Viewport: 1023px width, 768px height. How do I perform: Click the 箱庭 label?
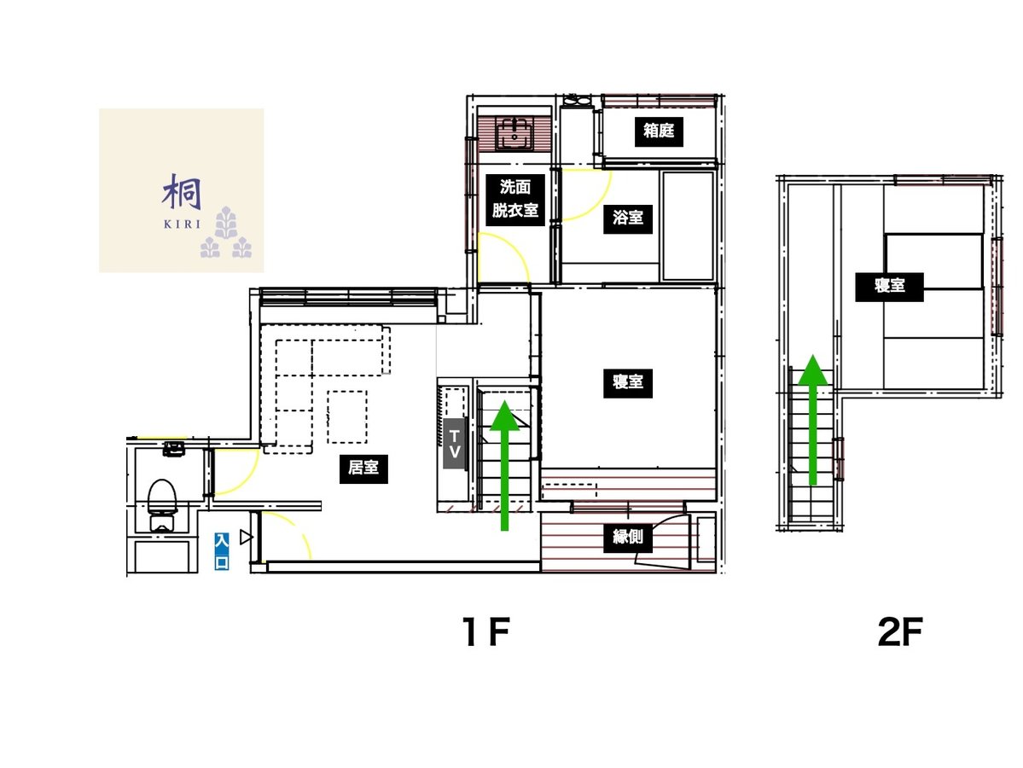(x=659, y=131)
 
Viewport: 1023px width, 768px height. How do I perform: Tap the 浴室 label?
(x=628, y=217)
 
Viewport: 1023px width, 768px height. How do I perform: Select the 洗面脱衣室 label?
(x=514, y=199)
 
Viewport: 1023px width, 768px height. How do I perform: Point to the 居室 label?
(x=363, y=468)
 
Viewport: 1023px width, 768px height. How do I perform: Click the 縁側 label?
(x=628, y=537)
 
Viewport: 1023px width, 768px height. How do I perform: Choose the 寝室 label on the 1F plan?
(x=628, y=381)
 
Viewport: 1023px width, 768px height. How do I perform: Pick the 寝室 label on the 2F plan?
(x=889, y=286)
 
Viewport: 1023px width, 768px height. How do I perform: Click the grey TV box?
(x=454, y=444)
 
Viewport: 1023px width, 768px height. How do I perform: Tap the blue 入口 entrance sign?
(x=222, y=551)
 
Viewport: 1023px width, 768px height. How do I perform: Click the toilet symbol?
(x=162, y=503)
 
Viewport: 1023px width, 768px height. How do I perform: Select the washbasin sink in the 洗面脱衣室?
(x=514, y=133)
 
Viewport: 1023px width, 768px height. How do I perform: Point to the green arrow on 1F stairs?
(x=505, y=466)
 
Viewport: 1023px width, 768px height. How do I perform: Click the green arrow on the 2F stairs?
(x=813, y=420)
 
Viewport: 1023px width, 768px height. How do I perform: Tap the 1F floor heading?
(x=485, y=631)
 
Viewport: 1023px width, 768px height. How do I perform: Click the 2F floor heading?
(x=899, y=631)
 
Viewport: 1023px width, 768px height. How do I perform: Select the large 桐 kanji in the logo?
(x=182, y=192)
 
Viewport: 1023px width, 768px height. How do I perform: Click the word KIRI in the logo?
(x=182, y=224)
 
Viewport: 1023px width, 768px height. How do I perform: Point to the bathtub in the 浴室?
(x=688, y=226)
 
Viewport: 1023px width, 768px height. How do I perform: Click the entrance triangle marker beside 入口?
(x=246, y=537)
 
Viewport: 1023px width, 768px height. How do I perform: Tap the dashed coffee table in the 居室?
(x=347, y=417)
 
